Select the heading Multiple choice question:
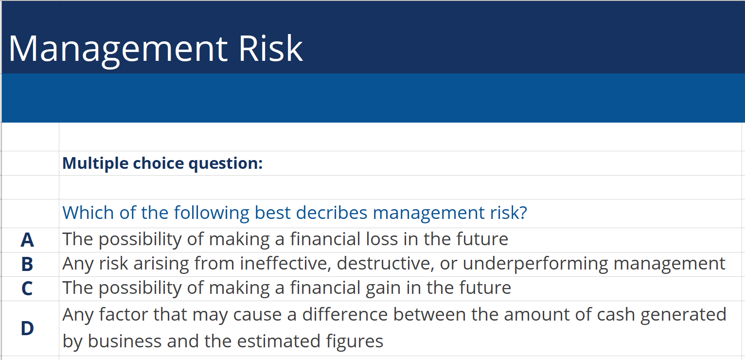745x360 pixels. tap(162, 163)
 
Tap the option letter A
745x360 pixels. tap(27, 240)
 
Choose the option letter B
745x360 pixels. tap(27, 264)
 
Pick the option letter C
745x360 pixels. tap(27, 288)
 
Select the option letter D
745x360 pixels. tap(27, 328)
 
